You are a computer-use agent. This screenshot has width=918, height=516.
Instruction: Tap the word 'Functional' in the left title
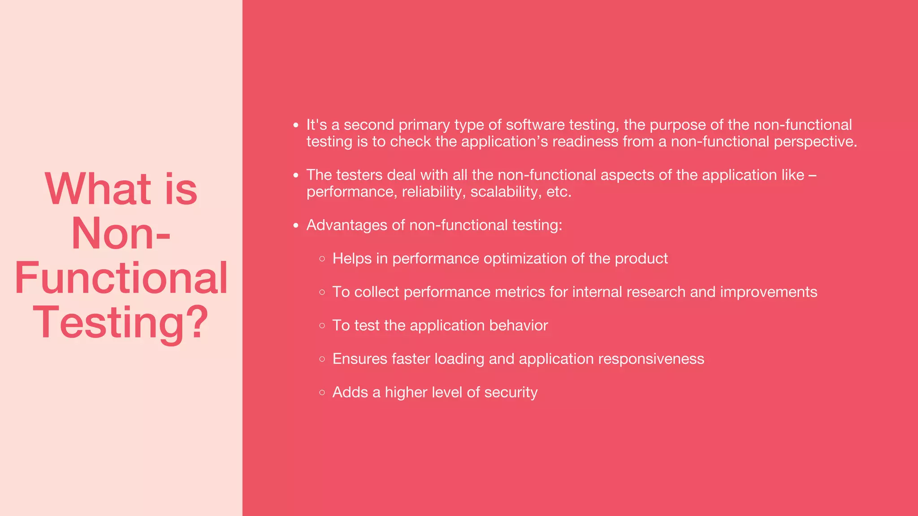pyautogui.click(x=121, y=278)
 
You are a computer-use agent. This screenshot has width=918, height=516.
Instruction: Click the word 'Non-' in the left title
pyautogui.click(x=121, y=233)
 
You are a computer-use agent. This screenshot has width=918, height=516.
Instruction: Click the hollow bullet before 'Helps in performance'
pyautogui.click(x=322, y=259)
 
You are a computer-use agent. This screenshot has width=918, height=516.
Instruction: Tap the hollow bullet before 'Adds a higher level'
pyautogui.click(x=322, y=392)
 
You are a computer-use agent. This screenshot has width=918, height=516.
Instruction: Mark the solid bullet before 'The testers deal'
pyautogui.click(x=296, y=176)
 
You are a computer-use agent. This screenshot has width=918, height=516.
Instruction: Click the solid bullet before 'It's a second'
pyautogui.click(x=296, y=125)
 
